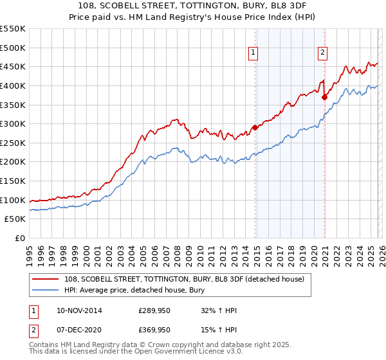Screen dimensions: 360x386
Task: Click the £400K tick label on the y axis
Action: pyautogui.click(x=13, y=85)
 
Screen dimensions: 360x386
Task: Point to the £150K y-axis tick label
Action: pyautogui.click(x=13, y=181)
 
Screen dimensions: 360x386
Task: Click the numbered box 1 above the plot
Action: pyautogui.click(x=253, y=53)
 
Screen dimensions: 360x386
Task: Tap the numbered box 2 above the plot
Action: pyautogui.click(x=322, y=53)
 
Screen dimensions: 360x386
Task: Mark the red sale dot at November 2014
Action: pyautogui.click(x=255, y=127)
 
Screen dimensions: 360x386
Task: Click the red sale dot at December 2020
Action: pyautogui.click(x=325, y=97)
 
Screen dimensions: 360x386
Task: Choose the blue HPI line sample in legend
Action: pyautogui.click(x=46, y=290)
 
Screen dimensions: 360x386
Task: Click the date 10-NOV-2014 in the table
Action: pyautogui.click(x=80, y=310)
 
